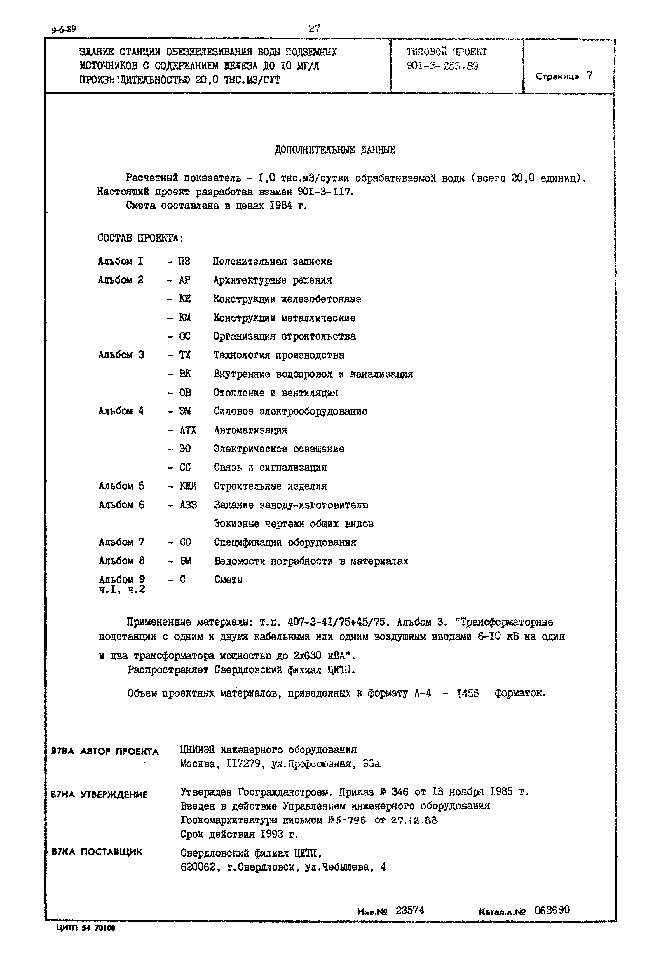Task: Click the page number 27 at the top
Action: (314, 28)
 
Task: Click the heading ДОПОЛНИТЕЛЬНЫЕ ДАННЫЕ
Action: (335, 150)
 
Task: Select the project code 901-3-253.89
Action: (442, 66)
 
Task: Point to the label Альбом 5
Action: (121, 486)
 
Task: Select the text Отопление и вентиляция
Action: (276, 393)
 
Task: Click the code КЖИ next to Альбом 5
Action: (188, 486)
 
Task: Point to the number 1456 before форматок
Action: (468, 693)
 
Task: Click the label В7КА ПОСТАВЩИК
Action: (97, 852)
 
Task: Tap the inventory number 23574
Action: (410, 910)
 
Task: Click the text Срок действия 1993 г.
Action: (239, 834)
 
